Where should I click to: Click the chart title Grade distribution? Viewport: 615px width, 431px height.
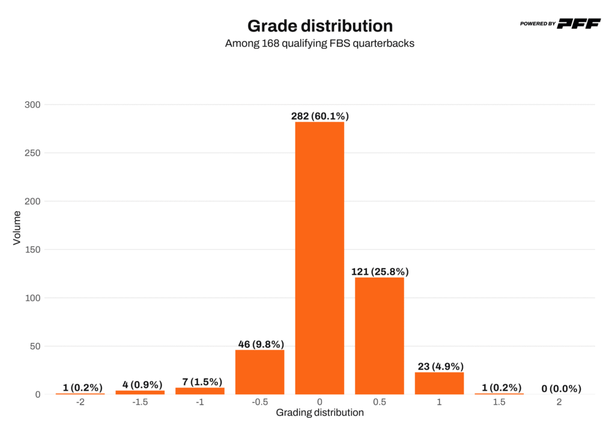320,26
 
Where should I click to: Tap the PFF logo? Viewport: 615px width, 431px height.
578,23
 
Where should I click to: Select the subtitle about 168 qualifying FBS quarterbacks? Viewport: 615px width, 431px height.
320,44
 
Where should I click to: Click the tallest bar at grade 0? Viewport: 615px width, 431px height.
320,258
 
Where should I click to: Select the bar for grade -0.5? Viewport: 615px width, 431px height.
259,371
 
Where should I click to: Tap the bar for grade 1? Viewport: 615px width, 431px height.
439,383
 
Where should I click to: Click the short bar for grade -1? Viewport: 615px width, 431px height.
200,391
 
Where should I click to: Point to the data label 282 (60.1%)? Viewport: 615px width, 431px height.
320,116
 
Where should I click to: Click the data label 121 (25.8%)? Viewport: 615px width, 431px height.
380,272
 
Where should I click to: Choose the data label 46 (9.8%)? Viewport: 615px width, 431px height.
259,344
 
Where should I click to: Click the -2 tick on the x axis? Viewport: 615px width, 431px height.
80,402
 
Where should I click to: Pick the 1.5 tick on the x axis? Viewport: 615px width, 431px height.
499,402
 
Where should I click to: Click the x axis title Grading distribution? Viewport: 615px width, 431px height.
320,413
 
